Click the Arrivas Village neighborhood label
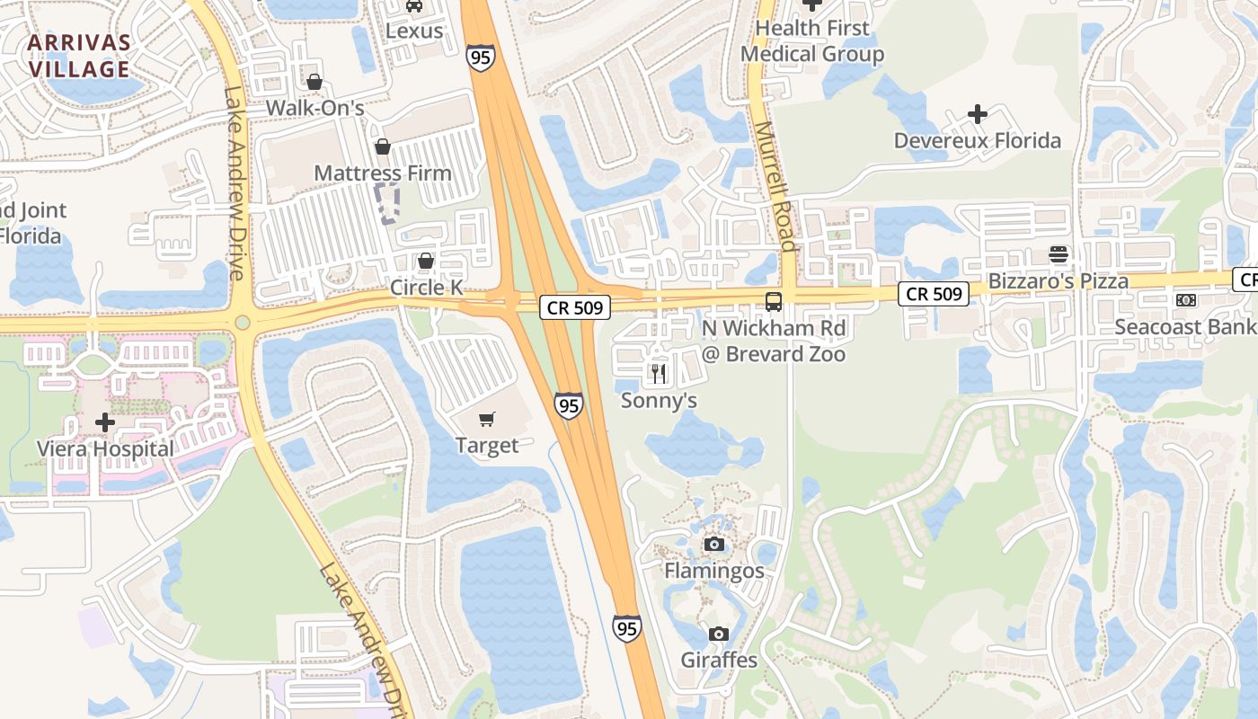point(79,56)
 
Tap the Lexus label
point(414,31)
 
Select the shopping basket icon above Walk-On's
point(314,82)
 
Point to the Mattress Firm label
point(383,173)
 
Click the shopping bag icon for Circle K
point(426,261)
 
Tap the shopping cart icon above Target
point(487,419)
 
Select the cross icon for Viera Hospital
point(105,422)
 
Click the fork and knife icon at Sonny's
point(660,373)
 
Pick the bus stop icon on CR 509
point(774,301)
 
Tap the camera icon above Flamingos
point(714,544)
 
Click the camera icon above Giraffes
point(718,634)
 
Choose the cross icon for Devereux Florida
point(978,114)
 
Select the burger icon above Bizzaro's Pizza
point(1058,254)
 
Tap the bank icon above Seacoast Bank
point(1185,299)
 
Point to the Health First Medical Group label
point(812,41)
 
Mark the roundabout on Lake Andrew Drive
point(242,323)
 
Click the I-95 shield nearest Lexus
point(480,58)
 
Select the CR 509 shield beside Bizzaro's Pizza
point(935,293)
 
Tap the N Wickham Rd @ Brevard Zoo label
point(774,341)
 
